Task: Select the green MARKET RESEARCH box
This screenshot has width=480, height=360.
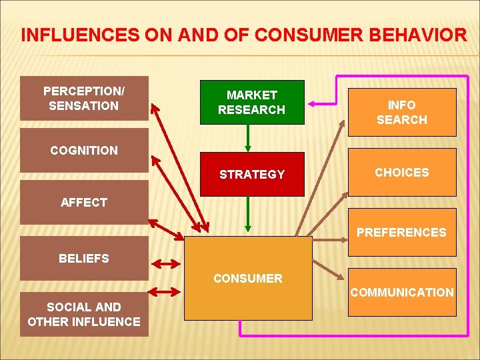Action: [x=251, y=102]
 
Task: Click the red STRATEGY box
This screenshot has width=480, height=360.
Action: [x=251, y=174]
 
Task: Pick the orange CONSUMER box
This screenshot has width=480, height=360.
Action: [x=248, y=278]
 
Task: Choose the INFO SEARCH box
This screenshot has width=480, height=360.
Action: [x=401, y=112]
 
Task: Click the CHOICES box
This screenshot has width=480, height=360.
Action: [x=401, y=172]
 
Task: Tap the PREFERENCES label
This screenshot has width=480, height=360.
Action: [x=401, y=232]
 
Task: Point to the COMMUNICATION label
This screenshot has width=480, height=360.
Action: [x=401, y=292]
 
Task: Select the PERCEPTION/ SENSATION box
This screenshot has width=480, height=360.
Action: [x=84, y=98]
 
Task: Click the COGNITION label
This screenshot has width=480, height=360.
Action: [x=84, y=151]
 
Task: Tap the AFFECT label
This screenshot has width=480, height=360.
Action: [x=84, y=203]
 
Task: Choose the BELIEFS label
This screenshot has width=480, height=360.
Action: [x=84, y=258]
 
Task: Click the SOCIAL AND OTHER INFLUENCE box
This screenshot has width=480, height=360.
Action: [x=84, y=315]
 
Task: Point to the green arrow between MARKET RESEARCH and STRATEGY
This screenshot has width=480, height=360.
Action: [x=248, y=139]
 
